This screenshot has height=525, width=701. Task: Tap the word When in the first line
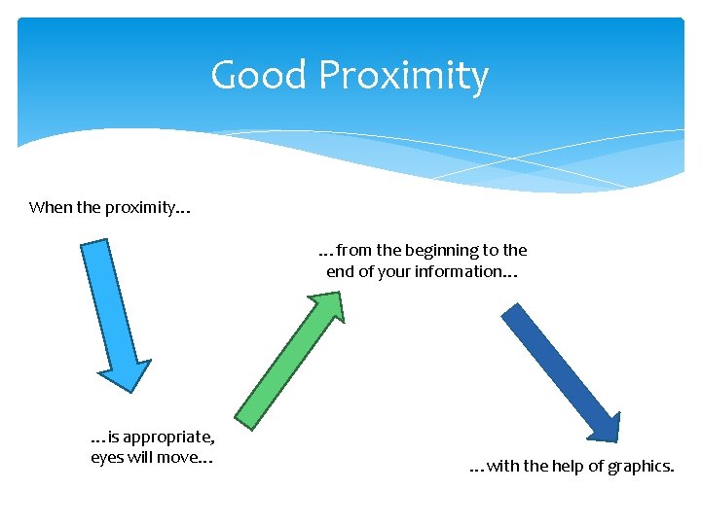point(48,207)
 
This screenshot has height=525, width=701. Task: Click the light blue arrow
point(112,311)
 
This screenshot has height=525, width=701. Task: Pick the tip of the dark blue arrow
point(613,437)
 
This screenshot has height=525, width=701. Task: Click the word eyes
point(107,458)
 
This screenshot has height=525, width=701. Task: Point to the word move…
point(190,458)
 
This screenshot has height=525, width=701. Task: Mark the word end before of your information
point(340,272)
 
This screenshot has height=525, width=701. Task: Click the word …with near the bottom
point(494,467)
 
